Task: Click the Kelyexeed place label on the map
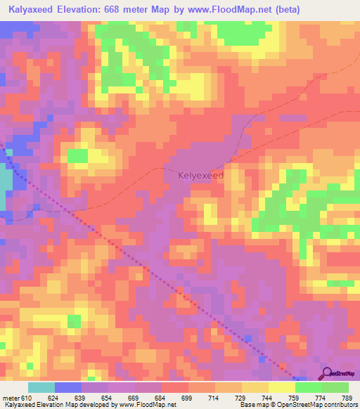click(x=201, y=175)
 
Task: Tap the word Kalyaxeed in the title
click(x=30, y=9)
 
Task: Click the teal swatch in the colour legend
click(x=41, y=387)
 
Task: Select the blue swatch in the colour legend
click(x=68, y=387)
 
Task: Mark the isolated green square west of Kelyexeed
click(x=77, y=155)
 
